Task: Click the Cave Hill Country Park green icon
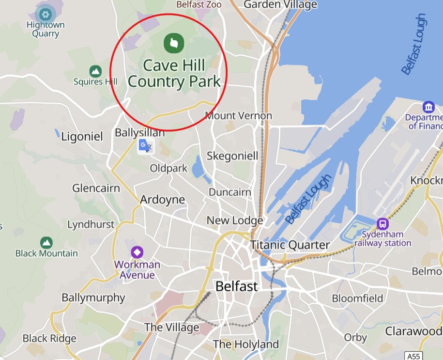click(173, 43)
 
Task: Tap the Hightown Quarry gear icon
click(46, 13)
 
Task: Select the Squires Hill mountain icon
click(96, 71)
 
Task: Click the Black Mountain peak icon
click(46, 242)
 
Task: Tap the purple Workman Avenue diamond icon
click(137, 252)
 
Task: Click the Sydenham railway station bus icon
click(382, 223)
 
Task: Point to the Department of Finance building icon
click(428, 107)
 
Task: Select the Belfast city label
click(236, 286)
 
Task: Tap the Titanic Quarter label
click(290, 245)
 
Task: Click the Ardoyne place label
click(162, 200)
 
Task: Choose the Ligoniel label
click(82, 137)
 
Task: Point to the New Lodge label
click(235, 220)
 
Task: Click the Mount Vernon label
click(239, 116)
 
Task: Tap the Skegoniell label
click(232, 156)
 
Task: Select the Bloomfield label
click(358, 298)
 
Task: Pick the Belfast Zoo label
click(199, 4)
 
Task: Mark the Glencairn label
click(96, 188)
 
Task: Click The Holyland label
click(245, 344)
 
